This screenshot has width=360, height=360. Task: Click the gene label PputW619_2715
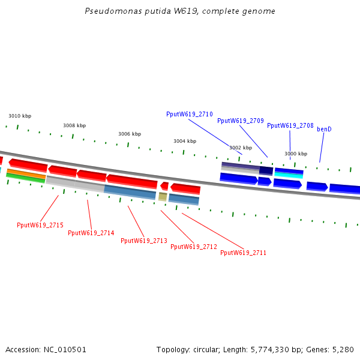40,226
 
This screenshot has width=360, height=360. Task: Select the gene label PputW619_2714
91,233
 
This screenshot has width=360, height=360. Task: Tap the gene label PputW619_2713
144,241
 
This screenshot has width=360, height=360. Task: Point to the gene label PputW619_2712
194,247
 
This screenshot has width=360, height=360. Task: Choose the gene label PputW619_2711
244,253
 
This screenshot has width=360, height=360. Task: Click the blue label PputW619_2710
190,115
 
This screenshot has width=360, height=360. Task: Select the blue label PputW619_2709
241,121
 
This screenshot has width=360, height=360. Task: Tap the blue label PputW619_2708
290,126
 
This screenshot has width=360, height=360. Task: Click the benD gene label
325,130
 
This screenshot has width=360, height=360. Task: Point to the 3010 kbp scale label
20,116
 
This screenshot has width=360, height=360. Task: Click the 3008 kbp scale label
74,126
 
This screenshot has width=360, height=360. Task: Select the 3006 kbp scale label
130,134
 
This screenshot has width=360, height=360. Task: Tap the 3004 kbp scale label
185,142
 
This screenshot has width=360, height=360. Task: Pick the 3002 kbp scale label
240,148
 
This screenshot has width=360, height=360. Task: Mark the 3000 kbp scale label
296,154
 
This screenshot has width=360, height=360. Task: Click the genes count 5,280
343,349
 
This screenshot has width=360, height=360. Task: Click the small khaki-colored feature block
163,196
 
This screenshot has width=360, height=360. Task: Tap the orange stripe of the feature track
25,173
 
